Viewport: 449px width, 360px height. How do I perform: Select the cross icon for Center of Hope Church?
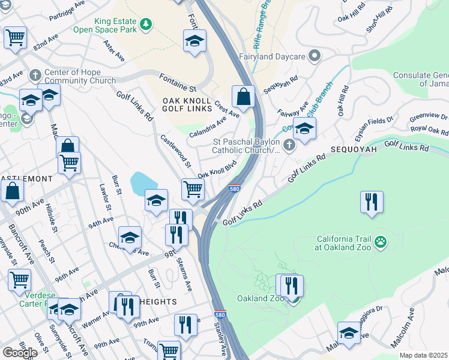[x=35, y=75]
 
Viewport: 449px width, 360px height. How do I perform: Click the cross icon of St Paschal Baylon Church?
[x=289, y=145]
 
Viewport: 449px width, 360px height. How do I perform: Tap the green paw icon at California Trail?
[x=380, y=242]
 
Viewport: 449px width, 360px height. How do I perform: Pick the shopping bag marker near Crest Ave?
[x=243, y=97]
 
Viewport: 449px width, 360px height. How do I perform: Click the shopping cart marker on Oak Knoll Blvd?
[x=193, y=188]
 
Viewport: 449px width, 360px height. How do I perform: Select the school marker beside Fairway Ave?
[x=304, y=128]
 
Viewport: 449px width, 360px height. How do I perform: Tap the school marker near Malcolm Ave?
[x=349, y=332]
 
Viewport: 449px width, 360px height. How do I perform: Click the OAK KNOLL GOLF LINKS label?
[x=187, y=104]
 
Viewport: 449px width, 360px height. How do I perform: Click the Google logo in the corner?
[x=20, y=352]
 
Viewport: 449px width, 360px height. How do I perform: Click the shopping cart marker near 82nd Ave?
[x=15, y=37]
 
